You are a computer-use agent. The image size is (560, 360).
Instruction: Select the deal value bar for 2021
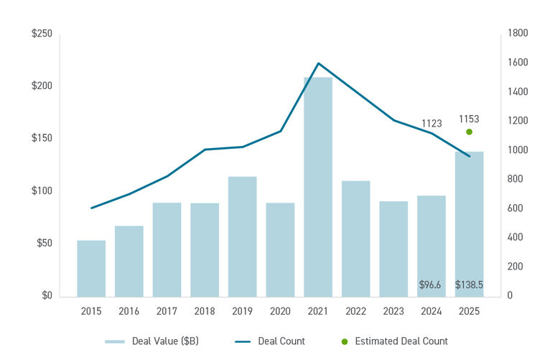[x=318, y=187]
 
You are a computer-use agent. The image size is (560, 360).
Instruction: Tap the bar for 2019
[x=243, y=236]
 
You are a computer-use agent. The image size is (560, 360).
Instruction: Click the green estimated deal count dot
[x=469, y=131]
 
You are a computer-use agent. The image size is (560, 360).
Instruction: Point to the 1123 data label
[x=431, y=124]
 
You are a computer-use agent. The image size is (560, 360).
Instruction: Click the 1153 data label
[x=469, y=119]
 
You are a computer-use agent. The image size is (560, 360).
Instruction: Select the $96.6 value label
[x=430, y=285]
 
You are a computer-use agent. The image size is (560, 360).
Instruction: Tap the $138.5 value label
[x=469, y=285]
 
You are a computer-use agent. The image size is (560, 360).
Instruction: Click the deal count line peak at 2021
[x=318, y=63]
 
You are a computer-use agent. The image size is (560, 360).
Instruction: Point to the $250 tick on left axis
[x=42, y=34]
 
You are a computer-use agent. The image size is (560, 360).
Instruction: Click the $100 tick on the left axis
[x=42, y=191]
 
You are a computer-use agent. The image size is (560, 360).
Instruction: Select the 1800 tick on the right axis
[x=518, y=34]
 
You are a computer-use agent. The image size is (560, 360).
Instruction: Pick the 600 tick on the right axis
[x=515, y=208]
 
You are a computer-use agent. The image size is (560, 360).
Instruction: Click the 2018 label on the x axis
[x=205, y=311]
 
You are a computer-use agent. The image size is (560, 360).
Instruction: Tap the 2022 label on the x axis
[x=356, y=311]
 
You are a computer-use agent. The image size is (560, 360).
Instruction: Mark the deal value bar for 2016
[x=129, y=261]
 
